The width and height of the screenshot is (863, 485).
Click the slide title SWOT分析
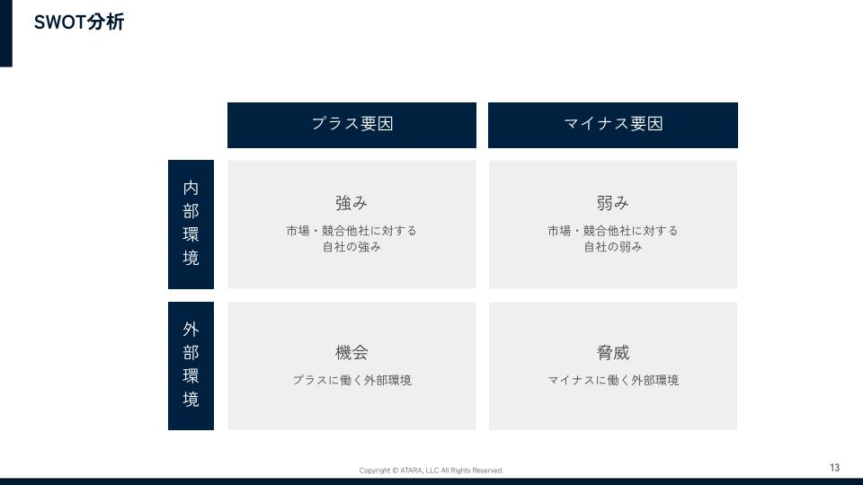[79, 22]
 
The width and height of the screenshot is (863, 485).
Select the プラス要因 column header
[351, 125]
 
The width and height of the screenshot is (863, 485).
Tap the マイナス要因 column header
[612, 125]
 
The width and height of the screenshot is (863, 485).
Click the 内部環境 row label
[191, 225]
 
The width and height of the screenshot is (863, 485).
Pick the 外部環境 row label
[191, 366]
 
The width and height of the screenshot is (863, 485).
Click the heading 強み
[351, 203]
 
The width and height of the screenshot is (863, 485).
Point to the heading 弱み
[612, 203]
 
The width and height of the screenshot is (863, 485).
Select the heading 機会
[351, 352]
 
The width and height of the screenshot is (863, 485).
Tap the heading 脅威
[613, 352]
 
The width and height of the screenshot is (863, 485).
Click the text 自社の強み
[351, 247]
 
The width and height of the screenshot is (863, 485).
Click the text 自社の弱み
[613, 247]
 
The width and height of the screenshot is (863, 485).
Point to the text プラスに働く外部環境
[352, 380]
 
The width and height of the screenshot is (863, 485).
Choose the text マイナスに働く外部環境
[613, 380]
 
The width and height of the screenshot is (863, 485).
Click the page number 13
[835, 467]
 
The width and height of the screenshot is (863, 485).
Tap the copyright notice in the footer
[431, 471]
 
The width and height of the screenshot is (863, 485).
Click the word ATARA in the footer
[411, 471]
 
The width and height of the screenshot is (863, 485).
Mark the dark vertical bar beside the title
[6, 33]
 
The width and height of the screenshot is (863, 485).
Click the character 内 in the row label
[191, 188]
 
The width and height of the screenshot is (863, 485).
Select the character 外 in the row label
[191, 330]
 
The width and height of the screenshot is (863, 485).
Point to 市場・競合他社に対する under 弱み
[613, 231]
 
